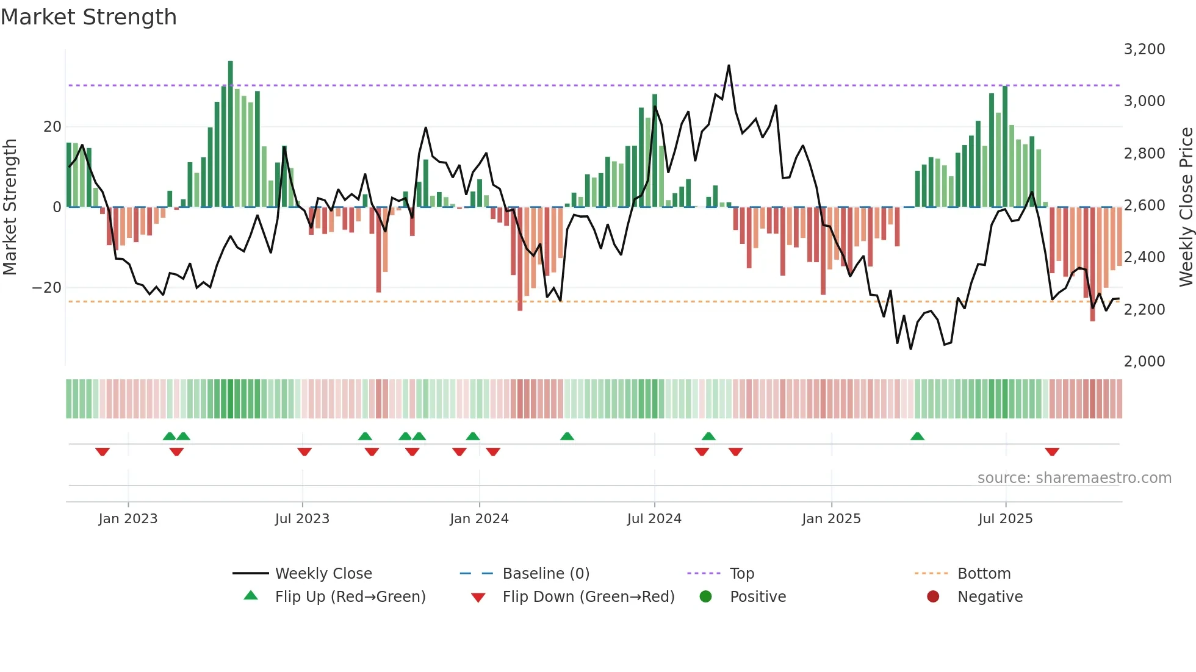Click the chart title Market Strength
[x=88, y=17]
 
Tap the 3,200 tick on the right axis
[x=1144, y=49]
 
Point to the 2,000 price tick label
[x=1144, y=362]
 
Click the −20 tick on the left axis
[x=47, y=288]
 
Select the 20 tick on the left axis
[x=52, y=127]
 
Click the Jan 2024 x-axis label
[x=479, y=519]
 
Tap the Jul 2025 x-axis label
[x=1005, y=519]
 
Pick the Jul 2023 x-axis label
[x=302, y=519]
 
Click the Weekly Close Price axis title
[x=1186, y=207]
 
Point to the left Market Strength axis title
[x=10, y=207]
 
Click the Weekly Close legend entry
[x=323, y=574]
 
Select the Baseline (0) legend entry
[x=546, y=574]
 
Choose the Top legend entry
[x=742, y=574]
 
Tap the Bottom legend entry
[x=984, y=574]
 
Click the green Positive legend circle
[x=706, y=597]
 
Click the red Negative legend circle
[x=933, y=597]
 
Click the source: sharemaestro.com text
[x=1074, y=478]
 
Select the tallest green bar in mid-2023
[x=231, y=134]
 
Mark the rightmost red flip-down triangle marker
[x=1052, y=452]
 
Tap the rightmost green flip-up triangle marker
[x=917, y=436]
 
